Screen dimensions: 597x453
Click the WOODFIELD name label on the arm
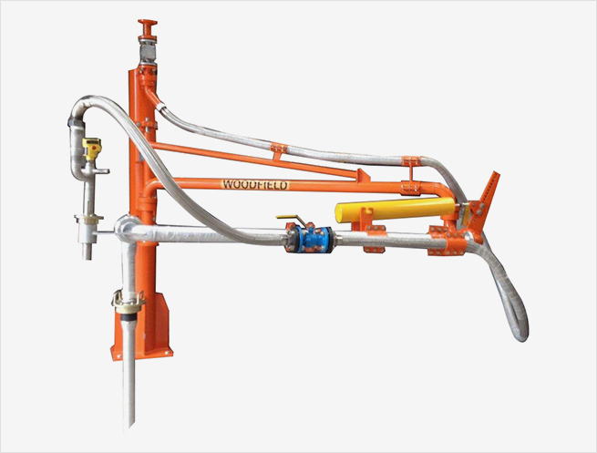(x=255, y=185)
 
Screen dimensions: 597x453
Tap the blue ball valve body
(x=309, y=239)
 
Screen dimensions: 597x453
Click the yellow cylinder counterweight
(x=396, y=210)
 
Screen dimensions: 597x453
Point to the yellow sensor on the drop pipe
(x=92, y=149)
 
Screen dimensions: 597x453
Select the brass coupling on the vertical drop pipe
(x=129, y=301)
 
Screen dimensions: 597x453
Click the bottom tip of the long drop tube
(x=130, y=427)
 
